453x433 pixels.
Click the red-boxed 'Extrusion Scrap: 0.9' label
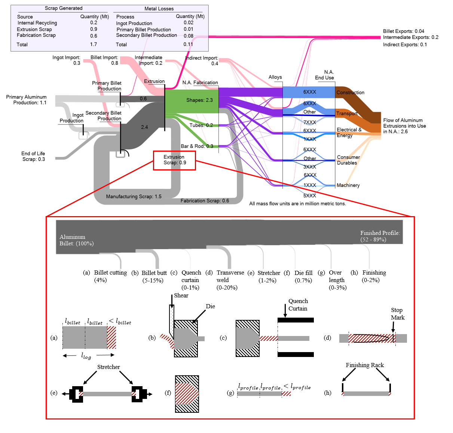(174, 160)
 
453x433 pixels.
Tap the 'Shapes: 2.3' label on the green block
(199, 100)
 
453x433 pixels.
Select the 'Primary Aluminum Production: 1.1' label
(26, 100)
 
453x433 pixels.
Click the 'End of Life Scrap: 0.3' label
(33, 156)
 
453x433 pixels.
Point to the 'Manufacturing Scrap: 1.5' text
(134, 196)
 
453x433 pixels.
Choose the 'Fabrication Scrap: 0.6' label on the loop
(205, 201)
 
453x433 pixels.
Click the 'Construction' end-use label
(350, 93)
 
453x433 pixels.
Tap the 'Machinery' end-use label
(348, 185)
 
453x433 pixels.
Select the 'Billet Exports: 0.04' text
(403, 31)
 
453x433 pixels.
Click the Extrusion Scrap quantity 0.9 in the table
(94, 29)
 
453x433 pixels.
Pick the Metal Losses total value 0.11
(188, 44)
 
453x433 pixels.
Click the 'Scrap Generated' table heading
(64, 8)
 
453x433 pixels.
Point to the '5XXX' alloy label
(309, 196)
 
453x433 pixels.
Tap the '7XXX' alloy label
(309, 122)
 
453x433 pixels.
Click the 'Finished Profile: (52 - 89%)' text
(380, 236)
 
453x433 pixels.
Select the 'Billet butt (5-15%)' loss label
(154, 276)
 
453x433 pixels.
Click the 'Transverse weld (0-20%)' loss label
(230, 280)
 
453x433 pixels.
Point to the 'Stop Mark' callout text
(397, 314)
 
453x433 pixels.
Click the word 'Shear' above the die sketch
(181, 296)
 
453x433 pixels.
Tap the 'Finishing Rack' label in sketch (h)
(364, 365)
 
